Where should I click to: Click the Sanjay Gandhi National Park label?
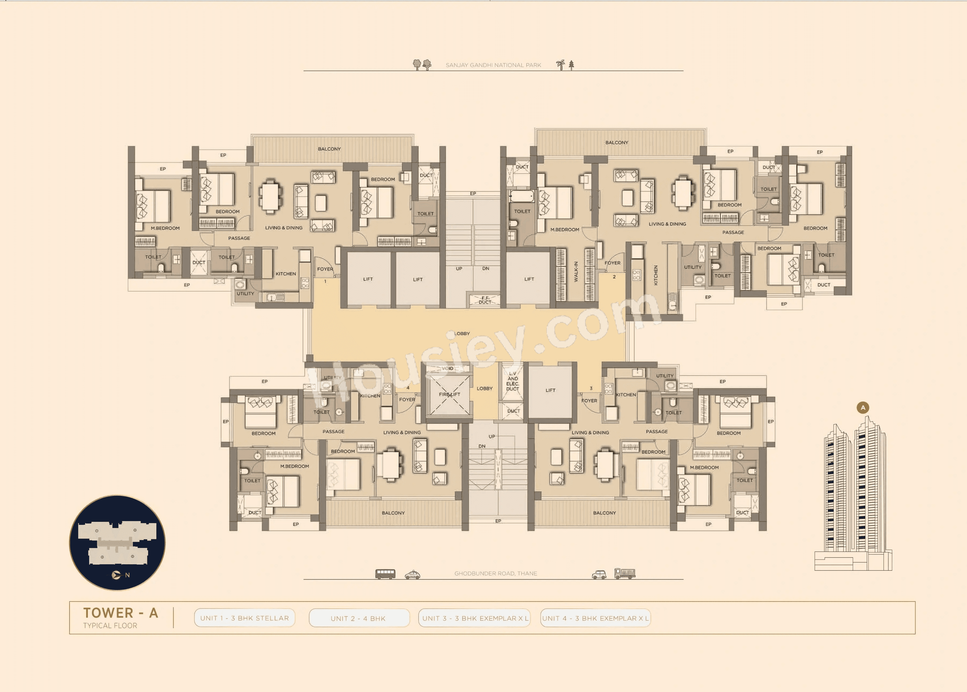pos(493,65)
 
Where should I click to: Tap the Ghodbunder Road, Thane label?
pos(495,574)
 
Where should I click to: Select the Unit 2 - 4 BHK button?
pos(358,618)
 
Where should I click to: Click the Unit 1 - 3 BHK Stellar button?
pos(244,618)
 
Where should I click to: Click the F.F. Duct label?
pos(485,300)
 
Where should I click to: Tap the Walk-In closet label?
pos(576,272)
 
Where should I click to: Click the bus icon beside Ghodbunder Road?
pos(385,574)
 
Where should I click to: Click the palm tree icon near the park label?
pos(561,65)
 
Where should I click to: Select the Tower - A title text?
pos(121,613)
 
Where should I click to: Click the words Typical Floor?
pos(110,625)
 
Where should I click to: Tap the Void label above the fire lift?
pos(447,368)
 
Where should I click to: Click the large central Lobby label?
pos(462,334)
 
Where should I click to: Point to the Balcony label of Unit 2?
pos(617,142)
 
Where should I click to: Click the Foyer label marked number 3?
pos(589,401)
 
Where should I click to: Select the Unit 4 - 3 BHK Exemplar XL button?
pos(595,618)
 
